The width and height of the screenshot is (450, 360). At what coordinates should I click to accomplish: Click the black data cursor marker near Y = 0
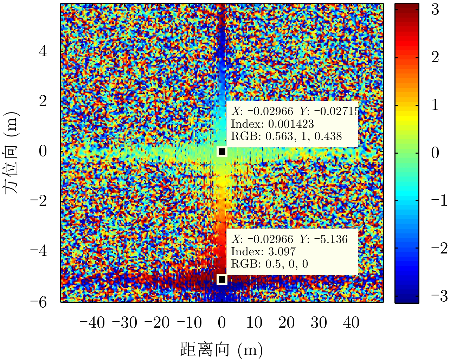(222, 152)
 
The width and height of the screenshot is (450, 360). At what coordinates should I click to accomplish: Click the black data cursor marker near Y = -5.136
(222, 279)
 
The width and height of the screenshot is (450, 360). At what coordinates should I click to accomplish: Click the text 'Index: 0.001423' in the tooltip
(272, 124)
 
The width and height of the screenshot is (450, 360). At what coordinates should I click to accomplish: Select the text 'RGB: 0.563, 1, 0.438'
(286, 136)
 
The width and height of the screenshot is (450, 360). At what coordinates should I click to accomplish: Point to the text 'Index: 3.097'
(263, 251)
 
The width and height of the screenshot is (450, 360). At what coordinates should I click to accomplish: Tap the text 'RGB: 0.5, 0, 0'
(269, 264)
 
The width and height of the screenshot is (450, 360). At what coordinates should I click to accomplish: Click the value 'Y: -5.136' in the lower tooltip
(323, 239)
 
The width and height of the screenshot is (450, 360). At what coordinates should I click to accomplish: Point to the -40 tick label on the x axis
(92, 322)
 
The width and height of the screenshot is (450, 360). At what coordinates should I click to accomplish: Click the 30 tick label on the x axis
(319, 322)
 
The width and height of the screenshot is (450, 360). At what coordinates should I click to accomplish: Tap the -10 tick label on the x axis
(189, 322)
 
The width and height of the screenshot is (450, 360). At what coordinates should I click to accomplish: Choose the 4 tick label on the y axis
(43, 52)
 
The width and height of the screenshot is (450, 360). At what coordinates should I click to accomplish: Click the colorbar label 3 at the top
(435, 10)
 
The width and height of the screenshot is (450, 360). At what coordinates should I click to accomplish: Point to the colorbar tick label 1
(435, 105)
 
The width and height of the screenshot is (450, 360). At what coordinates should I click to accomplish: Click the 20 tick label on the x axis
(287, 322)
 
